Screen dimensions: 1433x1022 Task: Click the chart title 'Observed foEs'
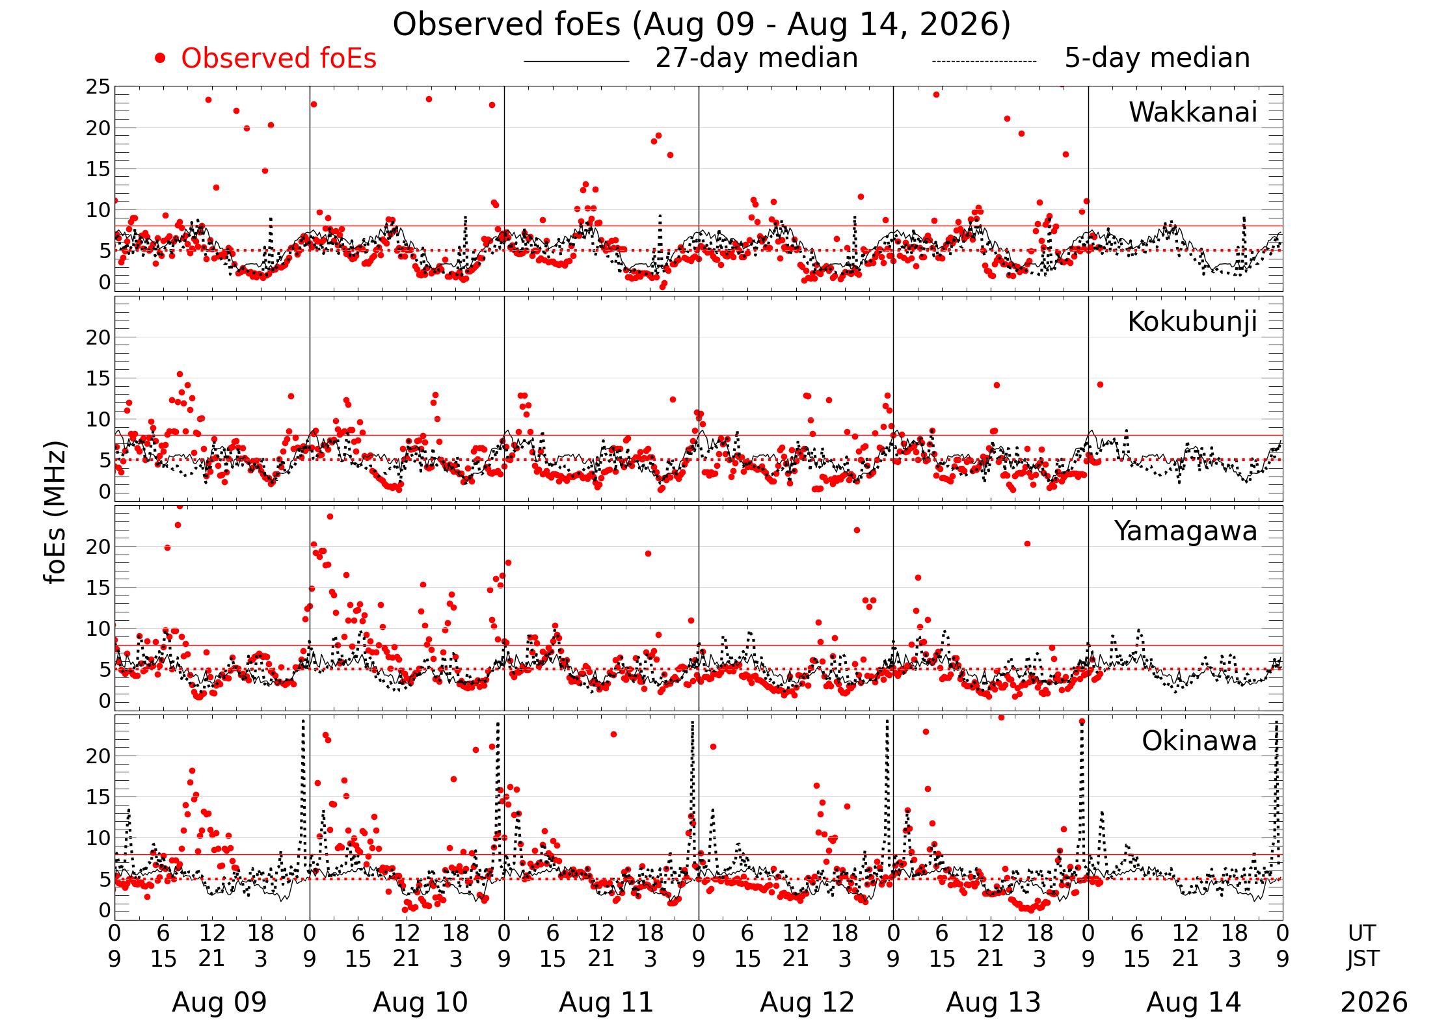509,25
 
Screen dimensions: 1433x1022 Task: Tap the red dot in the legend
160,59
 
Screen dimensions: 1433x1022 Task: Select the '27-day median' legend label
757,58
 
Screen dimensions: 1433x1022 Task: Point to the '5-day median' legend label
1157,58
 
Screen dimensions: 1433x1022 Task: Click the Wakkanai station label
1193,112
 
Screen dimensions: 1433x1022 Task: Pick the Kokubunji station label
1192,322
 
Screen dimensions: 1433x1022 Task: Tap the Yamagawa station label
1186,531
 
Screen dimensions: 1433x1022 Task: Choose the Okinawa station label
1199,741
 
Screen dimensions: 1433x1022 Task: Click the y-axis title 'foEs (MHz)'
56,512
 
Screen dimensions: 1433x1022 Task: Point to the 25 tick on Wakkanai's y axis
98,87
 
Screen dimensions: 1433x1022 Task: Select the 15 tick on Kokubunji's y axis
98,378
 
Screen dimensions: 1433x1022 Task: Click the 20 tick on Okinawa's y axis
98,756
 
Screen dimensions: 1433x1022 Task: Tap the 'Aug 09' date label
219,1002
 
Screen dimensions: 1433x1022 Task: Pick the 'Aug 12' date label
807,1002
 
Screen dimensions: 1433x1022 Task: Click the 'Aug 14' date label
1194,1002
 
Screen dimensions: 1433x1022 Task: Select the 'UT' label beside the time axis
1361,934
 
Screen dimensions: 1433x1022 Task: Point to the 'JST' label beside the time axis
1362,959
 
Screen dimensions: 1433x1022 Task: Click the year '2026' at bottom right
1374,1002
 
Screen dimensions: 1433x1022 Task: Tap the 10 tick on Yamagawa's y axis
98,629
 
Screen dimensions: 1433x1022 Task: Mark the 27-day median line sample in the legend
576,61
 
